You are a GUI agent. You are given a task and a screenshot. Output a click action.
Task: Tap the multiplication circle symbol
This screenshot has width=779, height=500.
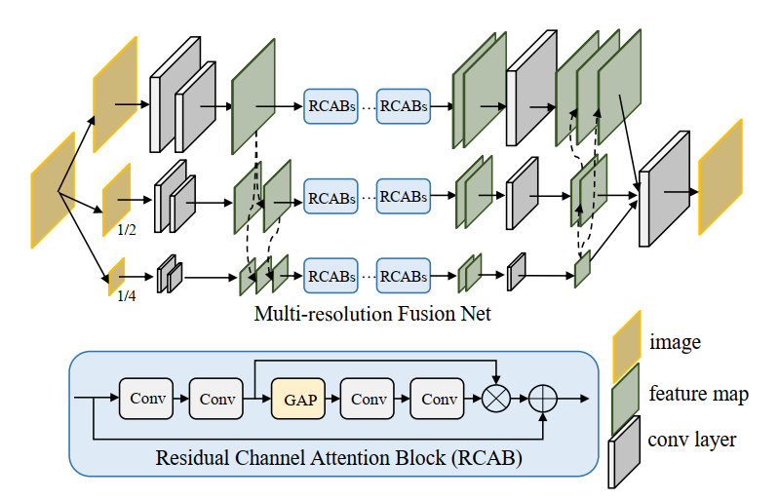496,400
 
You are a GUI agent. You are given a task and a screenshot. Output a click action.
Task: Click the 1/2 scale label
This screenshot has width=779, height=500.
127,231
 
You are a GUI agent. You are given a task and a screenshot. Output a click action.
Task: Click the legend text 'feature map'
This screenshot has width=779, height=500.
698,394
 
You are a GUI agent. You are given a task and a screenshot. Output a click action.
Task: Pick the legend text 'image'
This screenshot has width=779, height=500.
675,342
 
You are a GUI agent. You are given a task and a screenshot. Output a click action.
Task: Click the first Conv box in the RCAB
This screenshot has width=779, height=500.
146,400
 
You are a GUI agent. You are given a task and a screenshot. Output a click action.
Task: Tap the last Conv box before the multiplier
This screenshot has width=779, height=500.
439,400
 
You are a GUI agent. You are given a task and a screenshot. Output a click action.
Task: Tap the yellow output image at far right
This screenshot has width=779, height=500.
721,176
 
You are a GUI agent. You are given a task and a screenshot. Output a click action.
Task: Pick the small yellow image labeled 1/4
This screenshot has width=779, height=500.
116,275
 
